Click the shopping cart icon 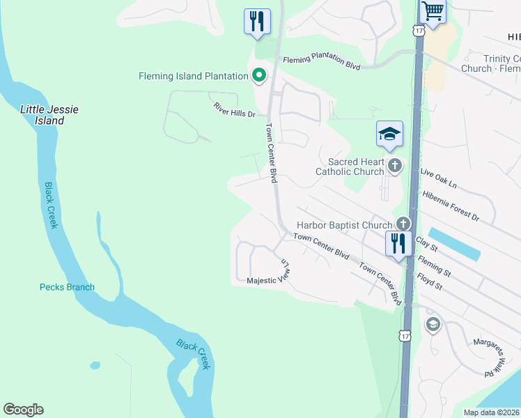click(433, 13)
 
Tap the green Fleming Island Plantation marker click(259, 76)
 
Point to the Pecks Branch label click(67, 287)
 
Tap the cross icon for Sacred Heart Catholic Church click(395, 166)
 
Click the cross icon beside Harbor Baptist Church click(403, 224)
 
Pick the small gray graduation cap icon click(433, 325)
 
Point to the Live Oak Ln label click(438, 180)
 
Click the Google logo click(23, 410)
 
